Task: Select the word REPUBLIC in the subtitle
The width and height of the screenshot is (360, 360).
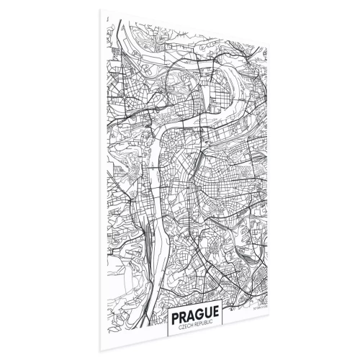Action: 206,328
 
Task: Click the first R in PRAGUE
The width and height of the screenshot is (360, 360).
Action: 184,317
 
